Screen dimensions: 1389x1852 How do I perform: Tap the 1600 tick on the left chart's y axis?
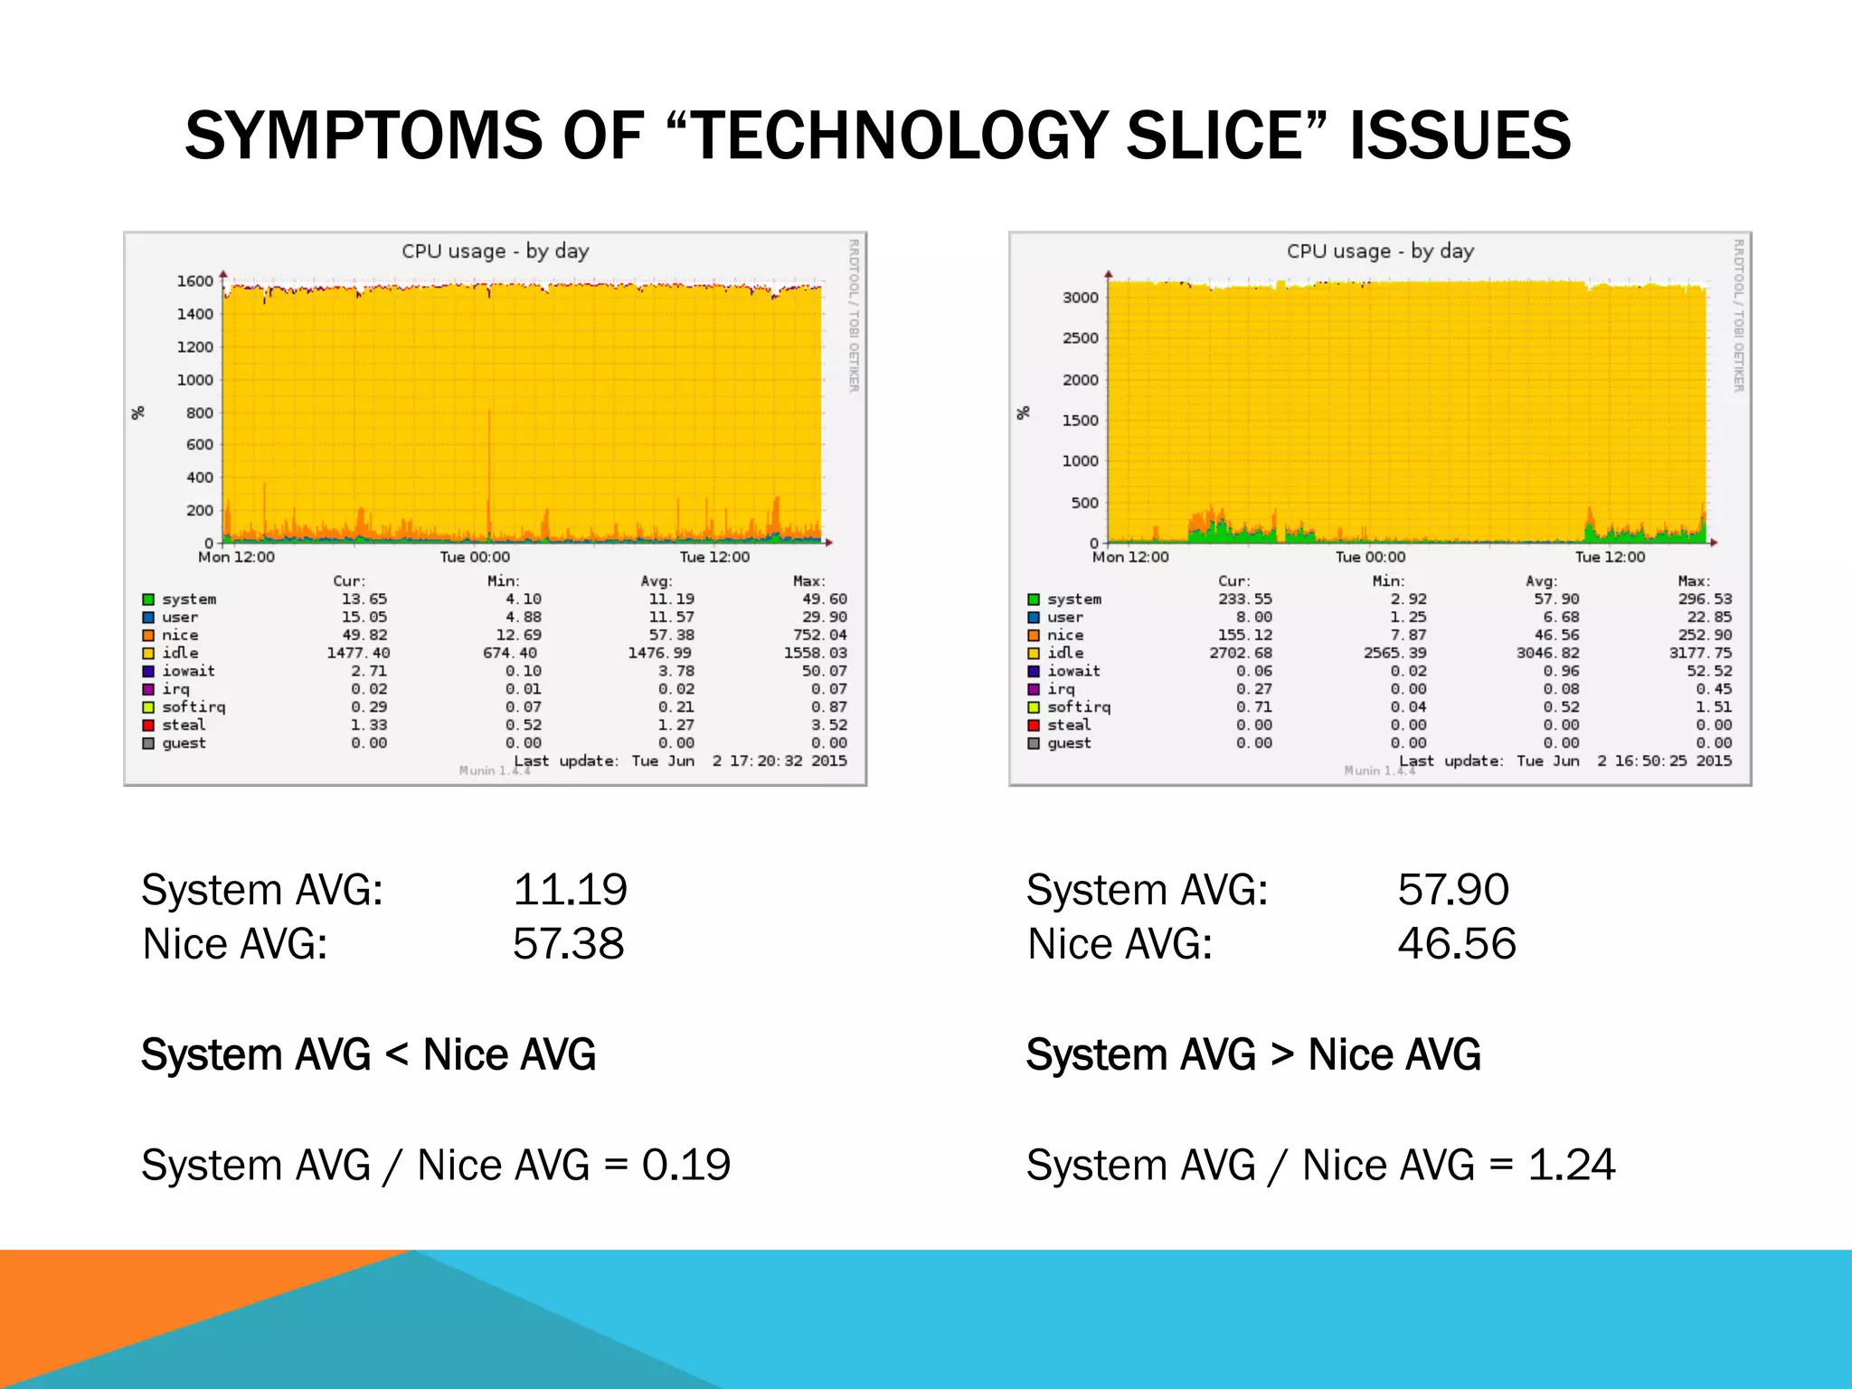(194, 281)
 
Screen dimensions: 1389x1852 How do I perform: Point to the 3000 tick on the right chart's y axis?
(1080, 298)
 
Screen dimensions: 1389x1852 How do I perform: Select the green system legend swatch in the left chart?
(148, 600)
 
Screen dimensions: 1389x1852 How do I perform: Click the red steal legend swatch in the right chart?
(1034, 725)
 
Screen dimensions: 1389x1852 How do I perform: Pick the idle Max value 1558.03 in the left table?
(815, 653)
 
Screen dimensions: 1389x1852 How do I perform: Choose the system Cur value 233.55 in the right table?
(1244, 599)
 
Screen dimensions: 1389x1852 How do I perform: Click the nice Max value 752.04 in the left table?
(819, 635)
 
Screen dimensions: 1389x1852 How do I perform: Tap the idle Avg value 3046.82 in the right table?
(1547, 653)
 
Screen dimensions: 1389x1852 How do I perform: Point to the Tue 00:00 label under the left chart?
(475, 557)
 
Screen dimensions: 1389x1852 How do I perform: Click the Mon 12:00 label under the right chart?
(1130, 557)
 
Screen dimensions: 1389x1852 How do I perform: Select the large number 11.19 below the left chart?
(570, 890)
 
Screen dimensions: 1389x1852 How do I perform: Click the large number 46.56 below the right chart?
(1456, 944)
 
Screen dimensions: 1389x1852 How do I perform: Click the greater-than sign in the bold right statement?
(1282, 1055)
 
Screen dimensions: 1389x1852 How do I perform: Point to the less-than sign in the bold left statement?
(397, 1055)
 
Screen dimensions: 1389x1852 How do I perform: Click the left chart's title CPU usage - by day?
(495, 251)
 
